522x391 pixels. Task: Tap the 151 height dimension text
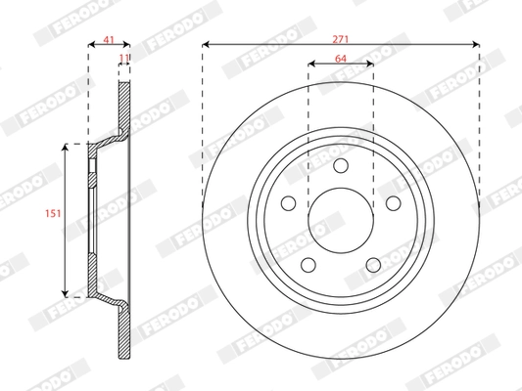(57, 219)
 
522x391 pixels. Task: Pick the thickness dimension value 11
(124, 60)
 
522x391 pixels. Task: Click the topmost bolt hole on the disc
(341, 166)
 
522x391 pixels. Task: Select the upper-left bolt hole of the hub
(289, 203)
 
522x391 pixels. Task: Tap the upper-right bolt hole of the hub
(393, 203)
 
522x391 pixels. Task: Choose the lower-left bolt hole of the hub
(308, 265)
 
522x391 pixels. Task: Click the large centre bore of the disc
(341, 220)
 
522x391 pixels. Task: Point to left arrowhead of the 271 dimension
(207, 44)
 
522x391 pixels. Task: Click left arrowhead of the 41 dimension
(91, 44)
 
